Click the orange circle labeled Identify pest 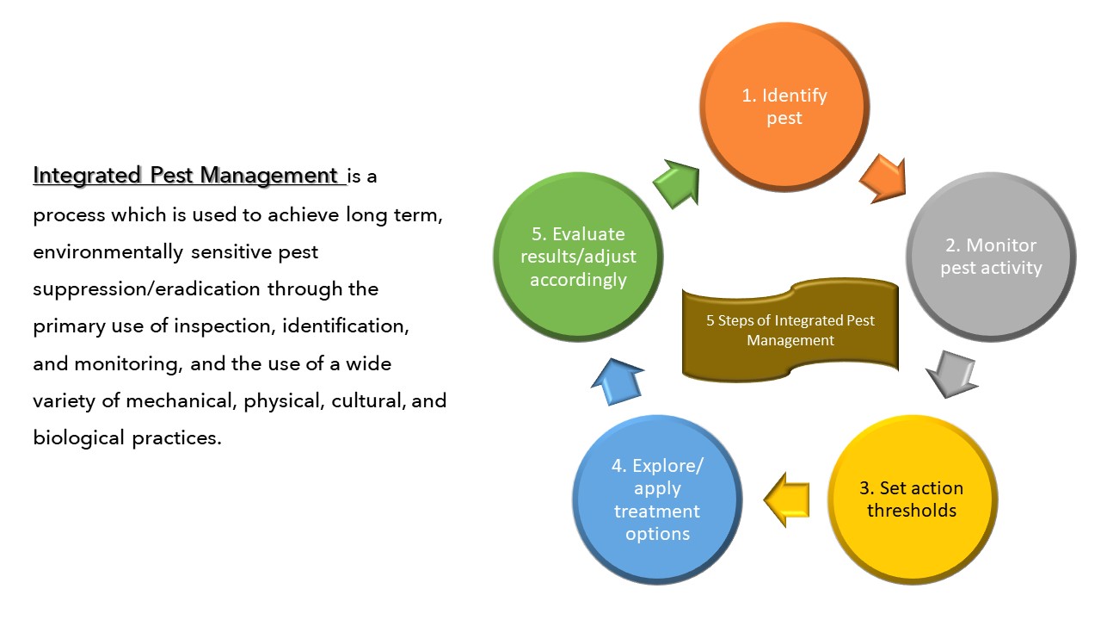click(x=784, y=106)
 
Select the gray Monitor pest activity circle click(x=990, y=257)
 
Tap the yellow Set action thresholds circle click(x=911, y=499)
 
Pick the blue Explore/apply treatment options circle click(x=657, y=499)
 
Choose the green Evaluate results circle click(x=577, y=257)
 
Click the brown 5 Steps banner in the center click(x=790, y=330)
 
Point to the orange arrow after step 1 click(x=883, y=177)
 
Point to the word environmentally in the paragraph click(x=108, y=251)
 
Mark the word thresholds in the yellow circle click(x=911, y=511)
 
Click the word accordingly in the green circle click(x=578, y=280)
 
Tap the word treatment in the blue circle click(x=657, y=512)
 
